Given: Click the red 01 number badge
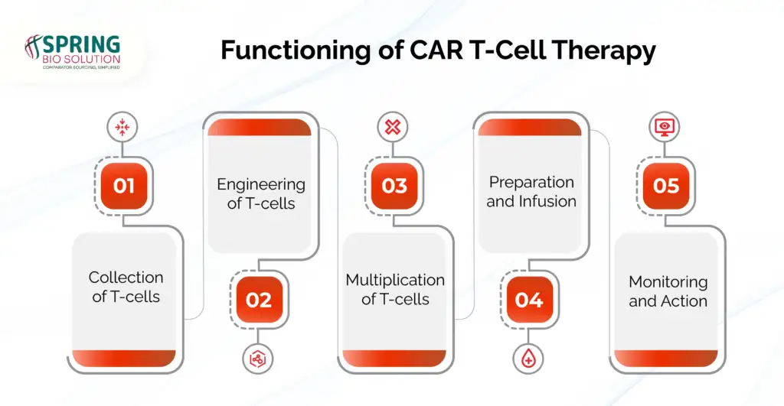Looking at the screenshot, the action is pos(124,186).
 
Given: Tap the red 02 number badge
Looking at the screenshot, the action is pos(259,300).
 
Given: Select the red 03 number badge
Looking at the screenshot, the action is pos(394,186).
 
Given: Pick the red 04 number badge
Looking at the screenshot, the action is pos(529,300).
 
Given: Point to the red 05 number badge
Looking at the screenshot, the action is pos(665,186).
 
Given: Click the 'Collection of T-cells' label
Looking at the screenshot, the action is pos(126,287).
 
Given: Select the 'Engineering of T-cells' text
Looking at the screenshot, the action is pos(261,193).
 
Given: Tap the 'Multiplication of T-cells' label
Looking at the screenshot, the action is pos(396,289).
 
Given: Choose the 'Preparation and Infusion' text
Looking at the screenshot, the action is pos(531,192).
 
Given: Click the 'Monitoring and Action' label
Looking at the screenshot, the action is pos(668,291).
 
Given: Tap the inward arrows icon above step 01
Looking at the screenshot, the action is pos(122,127).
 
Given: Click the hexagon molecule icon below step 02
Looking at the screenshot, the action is pos(258,359).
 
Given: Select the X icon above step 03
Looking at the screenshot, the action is pos(393,127).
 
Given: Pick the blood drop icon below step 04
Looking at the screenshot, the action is pos(528,359).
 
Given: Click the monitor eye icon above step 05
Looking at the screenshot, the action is pos(665,127).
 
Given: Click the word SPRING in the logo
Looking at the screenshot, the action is pos(81,44).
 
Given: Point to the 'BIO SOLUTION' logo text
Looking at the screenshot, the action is pos(81,59).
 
